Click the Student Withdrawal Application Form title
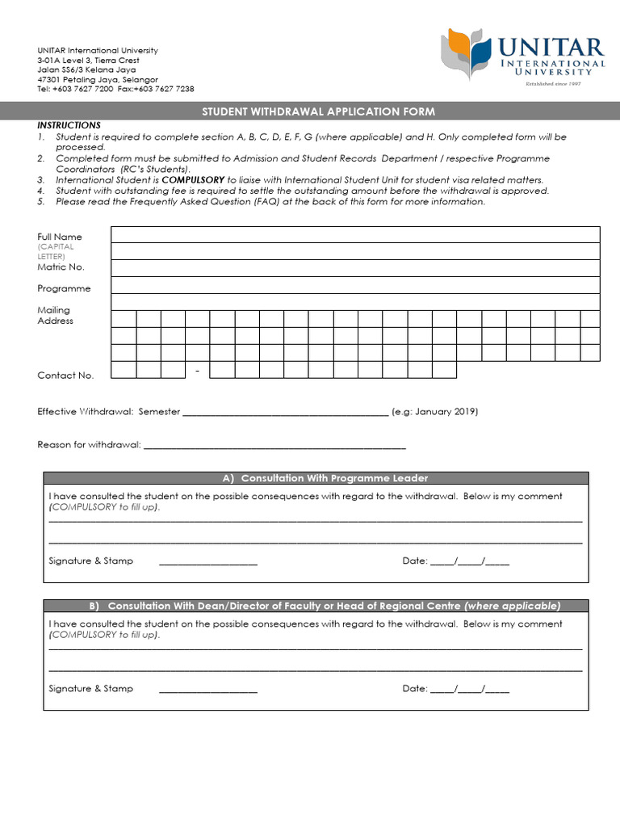pos(318,111)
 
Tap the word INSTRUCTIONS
pos(69,125)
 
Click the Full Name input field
pos(355,234)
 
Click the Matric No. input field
pos(355,267)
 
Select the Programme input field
pos(355,285)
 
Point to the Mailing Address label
pos(55,316)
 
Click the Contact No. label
pos(65,376)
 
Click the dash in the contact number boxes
pos(198,370)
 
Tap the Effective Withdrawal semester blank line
pos(286,413)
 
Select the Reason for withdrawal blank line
pos(274,446)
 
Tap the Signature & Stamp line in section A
pos(208,562)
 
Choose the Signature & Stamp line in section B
pos(208,690)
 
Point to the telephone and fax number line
pos(115,90)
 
